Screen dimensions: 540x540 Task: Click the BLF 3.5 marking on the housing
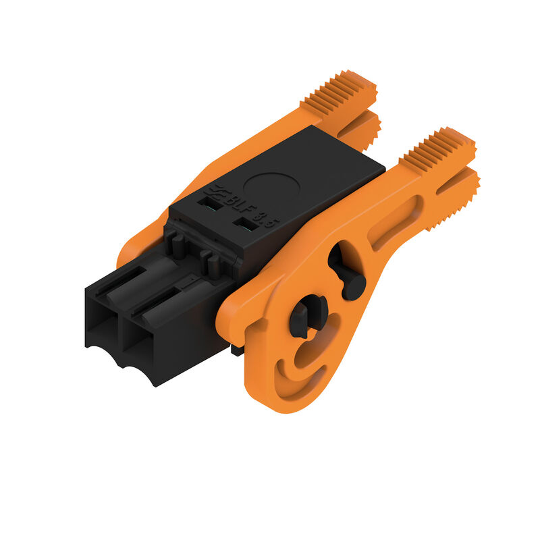(243, 209)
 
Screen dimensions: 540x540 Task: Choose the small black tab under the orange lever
(236, 350)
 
